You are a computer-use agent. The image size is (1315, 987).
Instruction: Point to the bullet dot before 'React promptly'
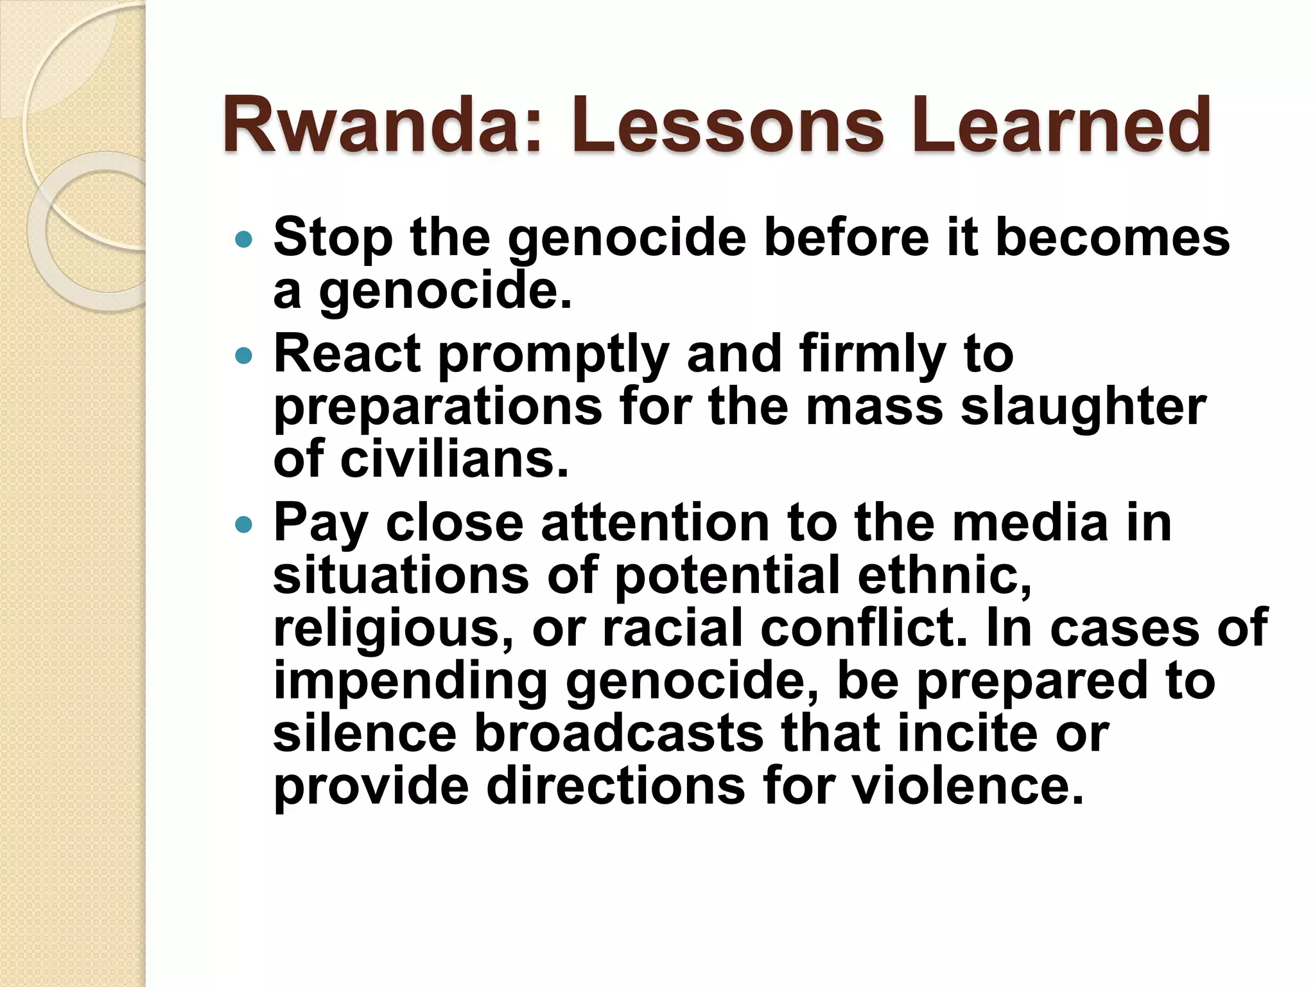(x=244, y=355)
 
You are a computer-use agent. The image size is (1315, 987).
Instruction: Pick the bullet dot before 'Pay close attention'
(x=244, y=525)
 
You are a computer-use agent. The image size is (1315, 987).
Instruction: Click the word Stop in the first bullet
(x=333, y=238)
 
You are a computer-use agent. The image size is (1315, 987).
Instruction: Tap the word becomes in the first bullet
(x=1112, y=238)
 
